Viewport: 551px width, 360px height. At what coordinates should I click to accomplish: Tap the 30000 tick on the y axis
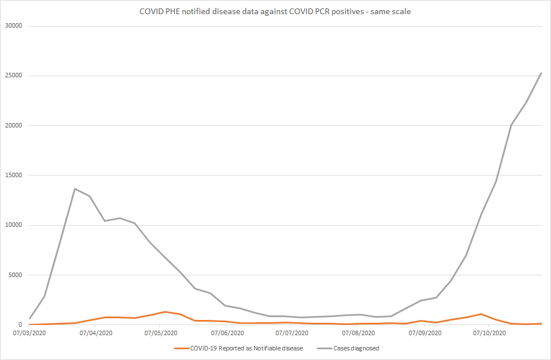pyautogui.click(x=12, y=26)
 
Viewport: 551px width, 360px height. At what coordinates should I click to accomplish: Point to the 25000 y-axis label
pyautogui.click(x=12, y=76)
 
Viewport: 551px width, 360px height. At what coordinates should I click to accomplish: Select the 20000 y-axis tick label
pyautogui.click(x=12, y=125)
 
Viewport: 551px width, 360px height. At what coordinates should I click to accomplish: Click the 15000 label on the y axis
pyautogui.click(x=12, y=175)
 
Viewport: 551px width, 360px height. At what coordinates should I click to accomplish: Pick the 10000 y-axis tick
pyautogui.click(x=12, y=225)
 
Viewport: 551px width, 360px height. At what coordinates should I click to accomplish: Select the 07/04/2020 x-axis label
pyautogui.click(x=96, y=333)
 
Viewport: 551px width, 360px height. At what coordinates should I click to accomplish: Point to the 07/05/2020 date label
pyautogui.click(x=160, y=333)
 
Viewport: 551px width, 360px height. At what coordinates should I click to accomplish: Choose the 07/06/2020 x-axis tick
pyautogui.click(x=226, y=333)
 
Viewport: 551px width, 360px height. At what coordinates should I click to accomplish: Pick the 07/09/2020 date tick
pyautogui.click(x=423, y=333)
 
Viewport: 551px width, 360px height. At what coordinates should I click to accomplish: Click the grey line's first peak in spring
pyautogui.click(x=75, y=188)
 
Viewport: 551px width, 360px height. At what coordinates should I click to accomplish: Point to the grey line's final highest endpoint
pyautogui.click(x=541, y=73)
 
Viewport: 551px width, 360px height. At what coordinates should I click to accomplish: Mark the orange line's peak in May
pyautogui.click(x=165, y=311)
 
